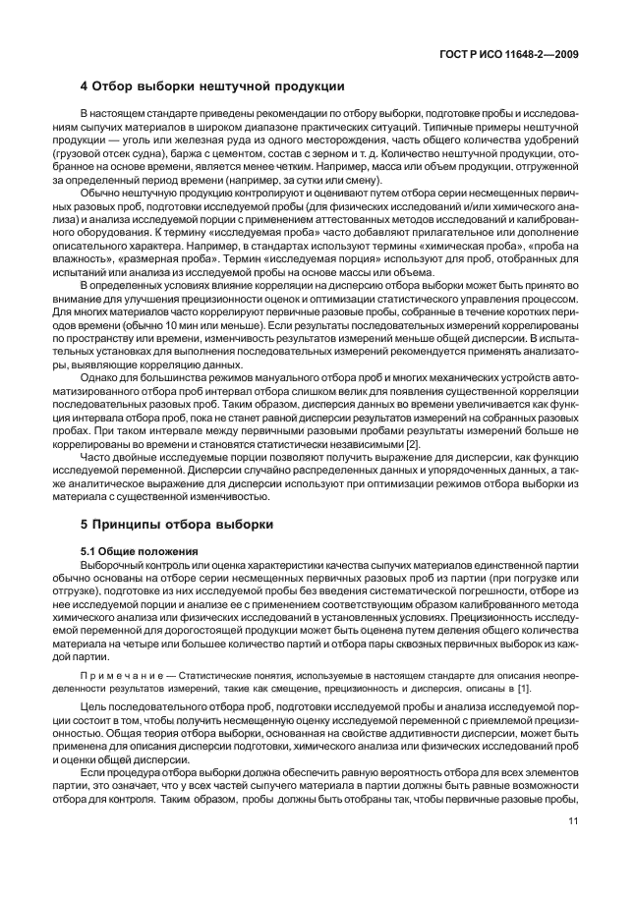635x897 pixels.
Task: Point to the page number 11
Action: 570,836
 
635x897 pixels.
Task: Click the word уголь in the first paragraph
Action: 146,146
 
